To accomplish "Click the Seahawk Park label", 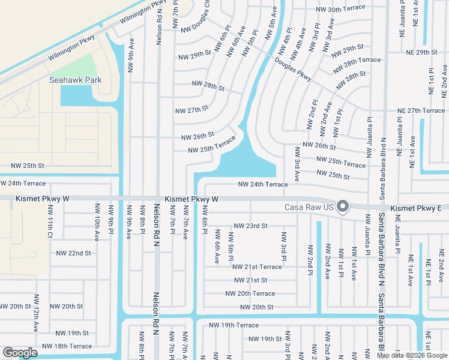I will [76, 80].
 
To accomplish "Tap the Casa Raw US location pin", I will [343, 206].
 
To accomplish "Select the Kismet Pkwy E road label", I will [415, 208].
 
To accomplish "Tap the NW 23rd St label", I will [250, 226].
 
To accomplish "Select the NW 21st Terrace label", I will [256, 266].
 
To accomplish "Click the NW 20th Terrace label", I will [250, 293].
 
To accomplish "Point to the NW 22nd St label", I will [71, 253].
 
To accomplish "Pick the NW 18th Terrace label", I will [73, 346].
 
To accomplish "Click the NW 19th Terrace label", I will [234, 325].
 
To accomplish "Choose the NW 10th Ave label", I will [96, 222].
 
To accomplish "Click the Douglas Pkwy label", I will [293, 68].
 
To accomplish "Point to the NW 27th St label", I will [191, 110].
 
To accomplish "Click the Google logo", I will [20, 352].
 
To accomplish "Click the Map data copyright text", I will [412, 355].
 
